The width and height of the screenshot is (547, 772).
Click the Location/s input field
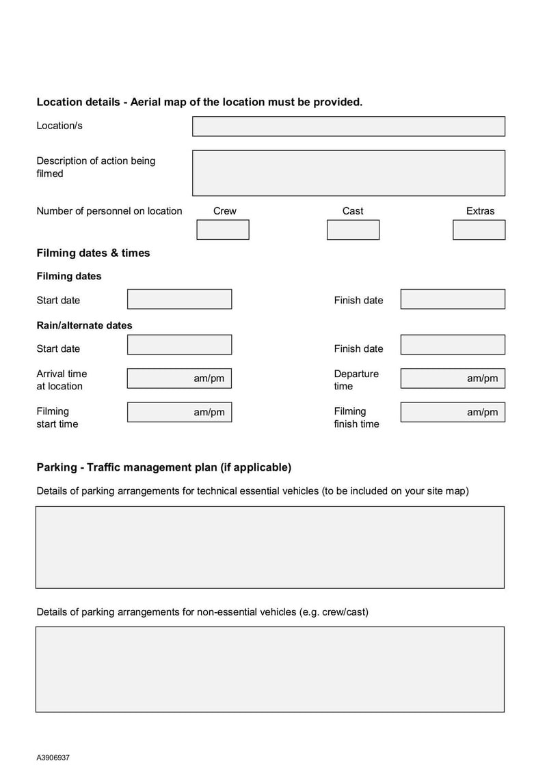coord(349,126)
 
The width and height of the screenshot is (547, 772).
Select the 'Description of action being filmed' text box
coord(349,173)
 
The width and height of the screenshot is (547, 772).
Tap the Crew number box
coord(223,230)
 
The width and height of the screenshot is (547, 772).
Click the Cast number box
coord(353,230)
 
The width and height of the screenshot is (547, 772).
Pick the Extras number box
coord(479,230)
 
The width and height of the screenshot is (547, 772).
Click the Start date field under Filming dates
coord(179,299)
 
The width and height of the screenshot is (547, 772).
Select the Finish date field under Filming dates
coord(453,299)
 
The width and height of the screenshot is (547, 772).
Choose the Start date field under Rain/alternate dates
coord(179,344)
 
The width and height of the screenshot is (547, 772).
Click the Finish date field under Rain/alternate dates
coord(453,344)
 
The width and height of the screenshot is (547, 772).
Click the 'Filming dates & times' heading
coord(93,253)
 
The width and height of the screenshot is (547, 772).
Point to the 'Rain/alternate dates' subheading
coord(84,325)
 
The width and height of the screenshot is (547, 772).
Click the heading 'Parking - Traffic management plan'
coord(163,467)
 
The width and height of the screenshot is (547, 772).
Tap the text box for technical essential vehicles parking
coord(270,547)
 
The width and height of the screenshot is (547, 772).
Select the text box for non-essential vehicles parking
coord(270,670)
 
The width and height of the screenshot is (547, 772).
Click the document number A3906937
coord(53,758)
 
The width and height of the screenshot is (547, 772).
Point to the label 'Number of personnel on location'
coord(109,211)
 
